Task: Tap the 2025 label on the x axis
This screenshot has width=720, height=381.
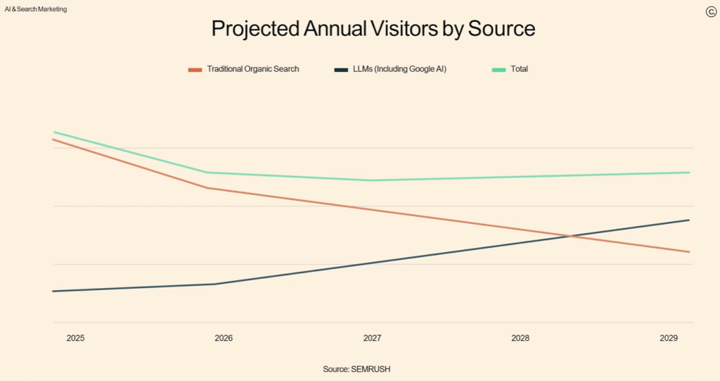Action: (x=75, y=338)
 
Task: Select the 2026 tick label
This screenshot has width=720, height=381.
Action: (x=224, y=338)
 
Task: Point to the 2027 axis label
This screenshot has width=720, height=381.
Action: (x=372, y=338)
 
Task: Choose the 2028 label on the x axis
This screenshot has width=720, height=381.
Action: (x=520, y=338)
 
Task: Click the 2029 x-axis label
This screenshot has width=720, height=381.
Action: (x=669, y=338)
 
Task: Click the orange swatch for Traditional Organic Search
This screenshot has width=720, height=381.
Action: (x=195, y=70)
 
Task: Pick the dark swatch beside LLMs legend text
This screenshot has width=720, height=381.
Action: (x=341, y=70)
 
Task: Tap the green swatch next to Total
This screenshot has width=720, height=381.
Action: (x=499, y=70)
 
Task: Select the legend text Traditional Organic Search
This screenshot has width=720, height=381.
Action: (x=253, y=69)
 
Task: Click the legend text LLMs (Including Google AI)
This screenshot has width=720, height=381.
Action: (x=399, y=69)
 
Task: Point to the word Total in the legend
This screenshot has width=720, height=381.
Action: (x=520, y=69)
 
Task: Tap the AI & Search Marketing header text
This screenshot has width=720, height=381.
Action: (x=36, y=9)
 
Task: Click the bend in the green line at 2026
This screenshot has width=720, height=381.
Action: (x=208, y=173)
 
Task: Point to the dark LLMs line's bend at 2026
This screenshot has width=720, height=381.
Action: (x=214, y=284)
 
